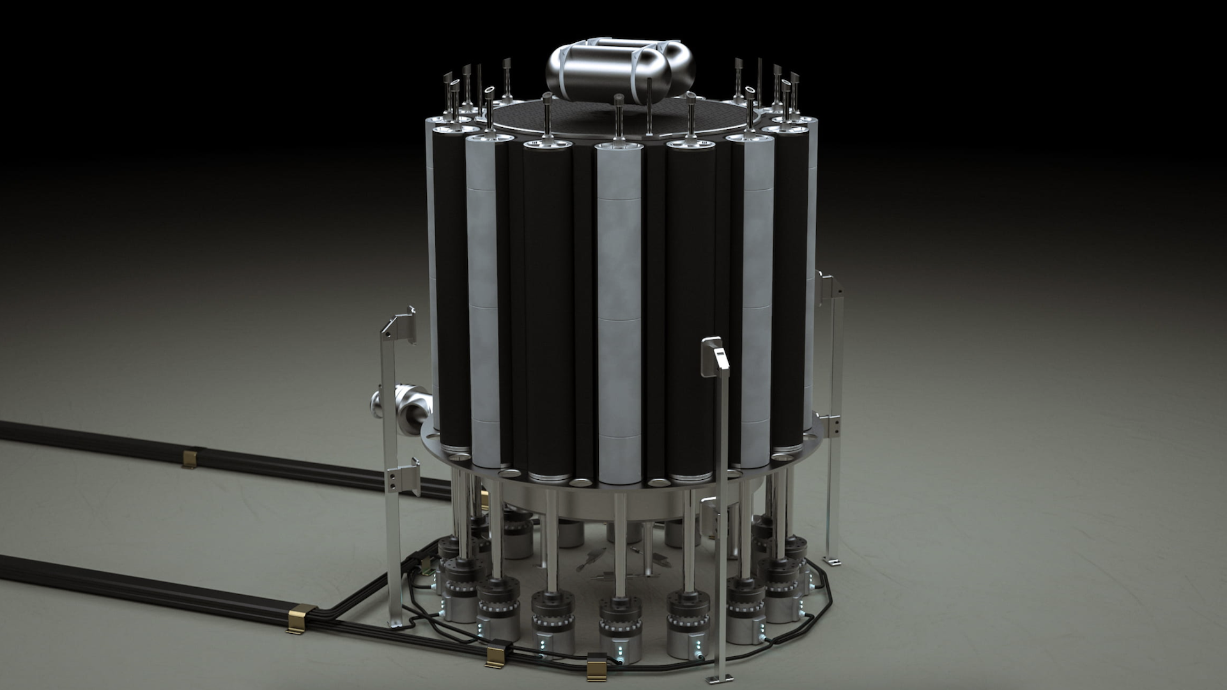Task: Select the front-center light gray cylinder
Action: [619, 307]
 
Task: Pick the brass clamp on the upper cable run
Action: [190, 458]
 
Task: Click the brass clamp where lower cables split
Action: [298, 618]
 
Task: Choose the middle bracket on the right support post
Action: [831, 424]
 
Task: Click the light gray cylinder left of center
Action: [482, 307]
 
